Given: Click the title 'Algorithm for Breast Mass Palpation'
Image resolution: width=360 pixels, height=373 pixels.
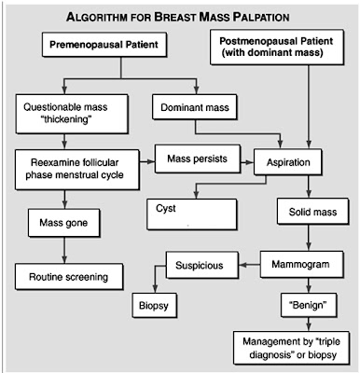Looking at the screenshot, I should click(x=179, y=17).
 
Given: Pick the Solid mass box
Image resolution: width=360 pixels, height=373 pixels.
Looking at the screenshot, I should click(x=305, y=213).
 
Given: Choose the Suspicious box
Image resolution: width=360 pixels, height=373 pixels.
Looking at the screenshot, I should click(x=200, y=265).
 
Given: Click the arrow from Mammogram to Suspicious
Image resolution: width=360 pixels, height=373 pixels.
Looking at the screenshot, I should click(x=246, y=265).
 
